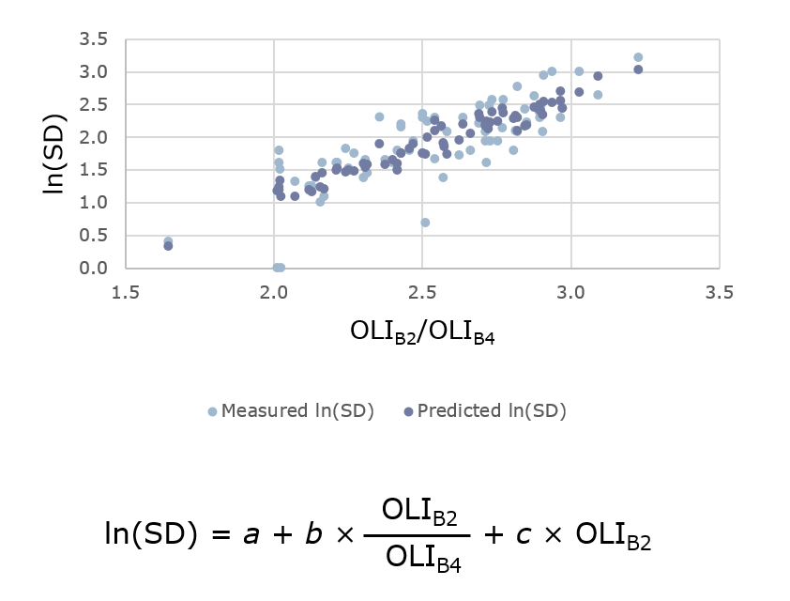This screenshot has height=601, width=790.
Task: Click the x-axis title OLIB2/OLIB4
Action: [422, 331]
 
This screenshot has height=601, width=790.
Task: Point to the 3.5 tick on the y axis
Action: [95, 39]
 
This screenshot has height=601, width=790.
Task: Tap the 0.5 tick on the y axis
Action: [95, 235]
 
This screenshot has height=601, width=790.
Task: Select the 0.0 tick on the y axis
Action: [95, 268]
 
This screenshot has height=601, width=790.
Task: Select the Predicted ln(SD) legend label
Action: [492, 410]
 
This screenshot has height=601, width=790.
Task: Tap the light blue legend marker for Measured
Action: [213, 411]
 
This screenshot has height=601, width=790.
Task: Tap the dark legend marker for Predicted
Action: [408, 411]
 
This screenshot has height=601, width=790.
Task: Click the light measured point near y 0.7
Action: [425, 223]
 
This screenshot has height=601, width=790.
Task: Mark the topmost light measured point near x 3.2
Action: [638, 57]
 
